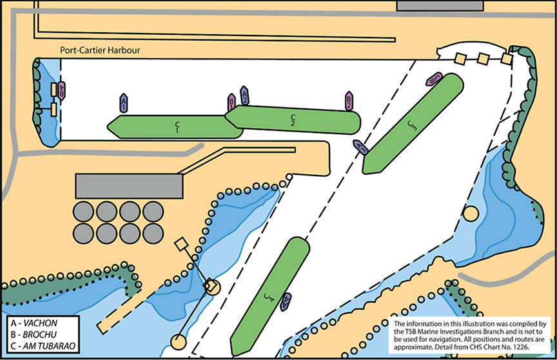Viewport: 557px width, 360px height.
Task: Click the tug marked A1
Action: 124,102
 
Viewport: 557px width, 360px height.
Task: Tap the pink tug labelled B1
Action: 231,102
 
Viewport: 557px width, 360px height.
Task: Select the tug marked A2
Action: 244,95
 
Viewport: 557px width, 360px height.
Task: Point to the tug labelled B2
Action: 348,100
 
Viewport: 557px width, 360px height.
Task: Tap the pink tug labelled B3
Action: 434,79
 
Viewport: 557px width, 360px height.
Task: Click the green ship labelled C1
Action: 176,126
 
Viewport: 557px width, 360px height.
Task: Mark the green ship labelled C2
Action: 293,119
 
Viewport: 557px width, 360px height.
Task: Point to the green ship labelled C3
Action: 413,123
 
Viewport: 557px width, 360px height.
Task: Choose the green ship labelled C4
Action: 269,297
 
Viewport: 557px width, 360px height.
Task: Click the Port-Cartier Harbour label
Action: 99,50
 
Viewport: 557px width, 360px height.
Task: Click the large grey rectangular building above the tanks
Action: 129,186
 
